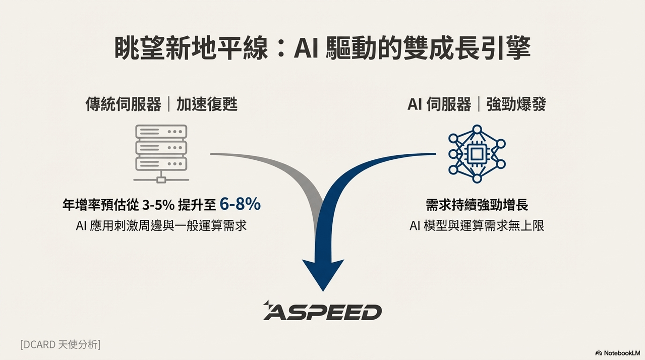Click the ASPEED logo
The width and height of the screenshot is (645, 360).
(x=323, y=311)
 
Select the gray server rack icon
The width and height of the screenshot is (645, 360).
(x=161, y=154)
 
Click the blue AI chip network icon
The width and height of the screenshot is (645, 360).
(x=477, y=154)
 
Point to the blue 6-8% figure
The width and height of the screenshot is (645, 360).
(x=240, y=204)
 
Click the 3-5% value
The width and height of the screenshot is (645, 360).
(x=158, y=205)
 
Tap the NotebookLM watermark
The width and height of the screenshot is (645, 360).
(x=618, y=353)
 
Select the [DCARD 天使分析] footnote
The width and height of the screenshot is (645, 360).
(x=61, y=344)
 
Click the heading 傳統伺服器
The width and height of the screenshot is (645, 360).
(x=123, y=104)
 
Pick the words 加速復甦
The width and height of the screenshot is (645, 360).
(x=207, y=104)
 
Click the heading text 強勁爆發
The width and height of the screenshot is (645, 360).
(x=516, y=104)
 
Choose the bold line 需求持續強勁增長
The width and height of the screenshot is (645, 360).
(x=477, y=205)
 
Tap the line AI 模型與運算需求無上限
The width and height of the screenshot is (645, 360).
(x=477, y=225)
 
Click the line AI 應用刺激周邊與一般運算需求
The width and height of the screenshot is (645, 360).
(x=161, y=225)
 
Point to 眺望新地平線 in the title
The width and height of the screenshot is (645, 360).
(x=191, y=48)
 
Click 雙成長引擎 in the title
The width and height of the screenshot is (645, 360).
(x=467, y=48)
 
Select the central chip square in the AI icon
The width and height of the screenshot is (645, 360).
(x=477, y=154)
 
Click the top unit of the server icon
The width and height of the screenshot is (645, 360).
(x=161, y=132)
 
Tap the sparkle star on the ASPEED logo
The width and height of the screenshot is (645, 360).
(x=267, y=303)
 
